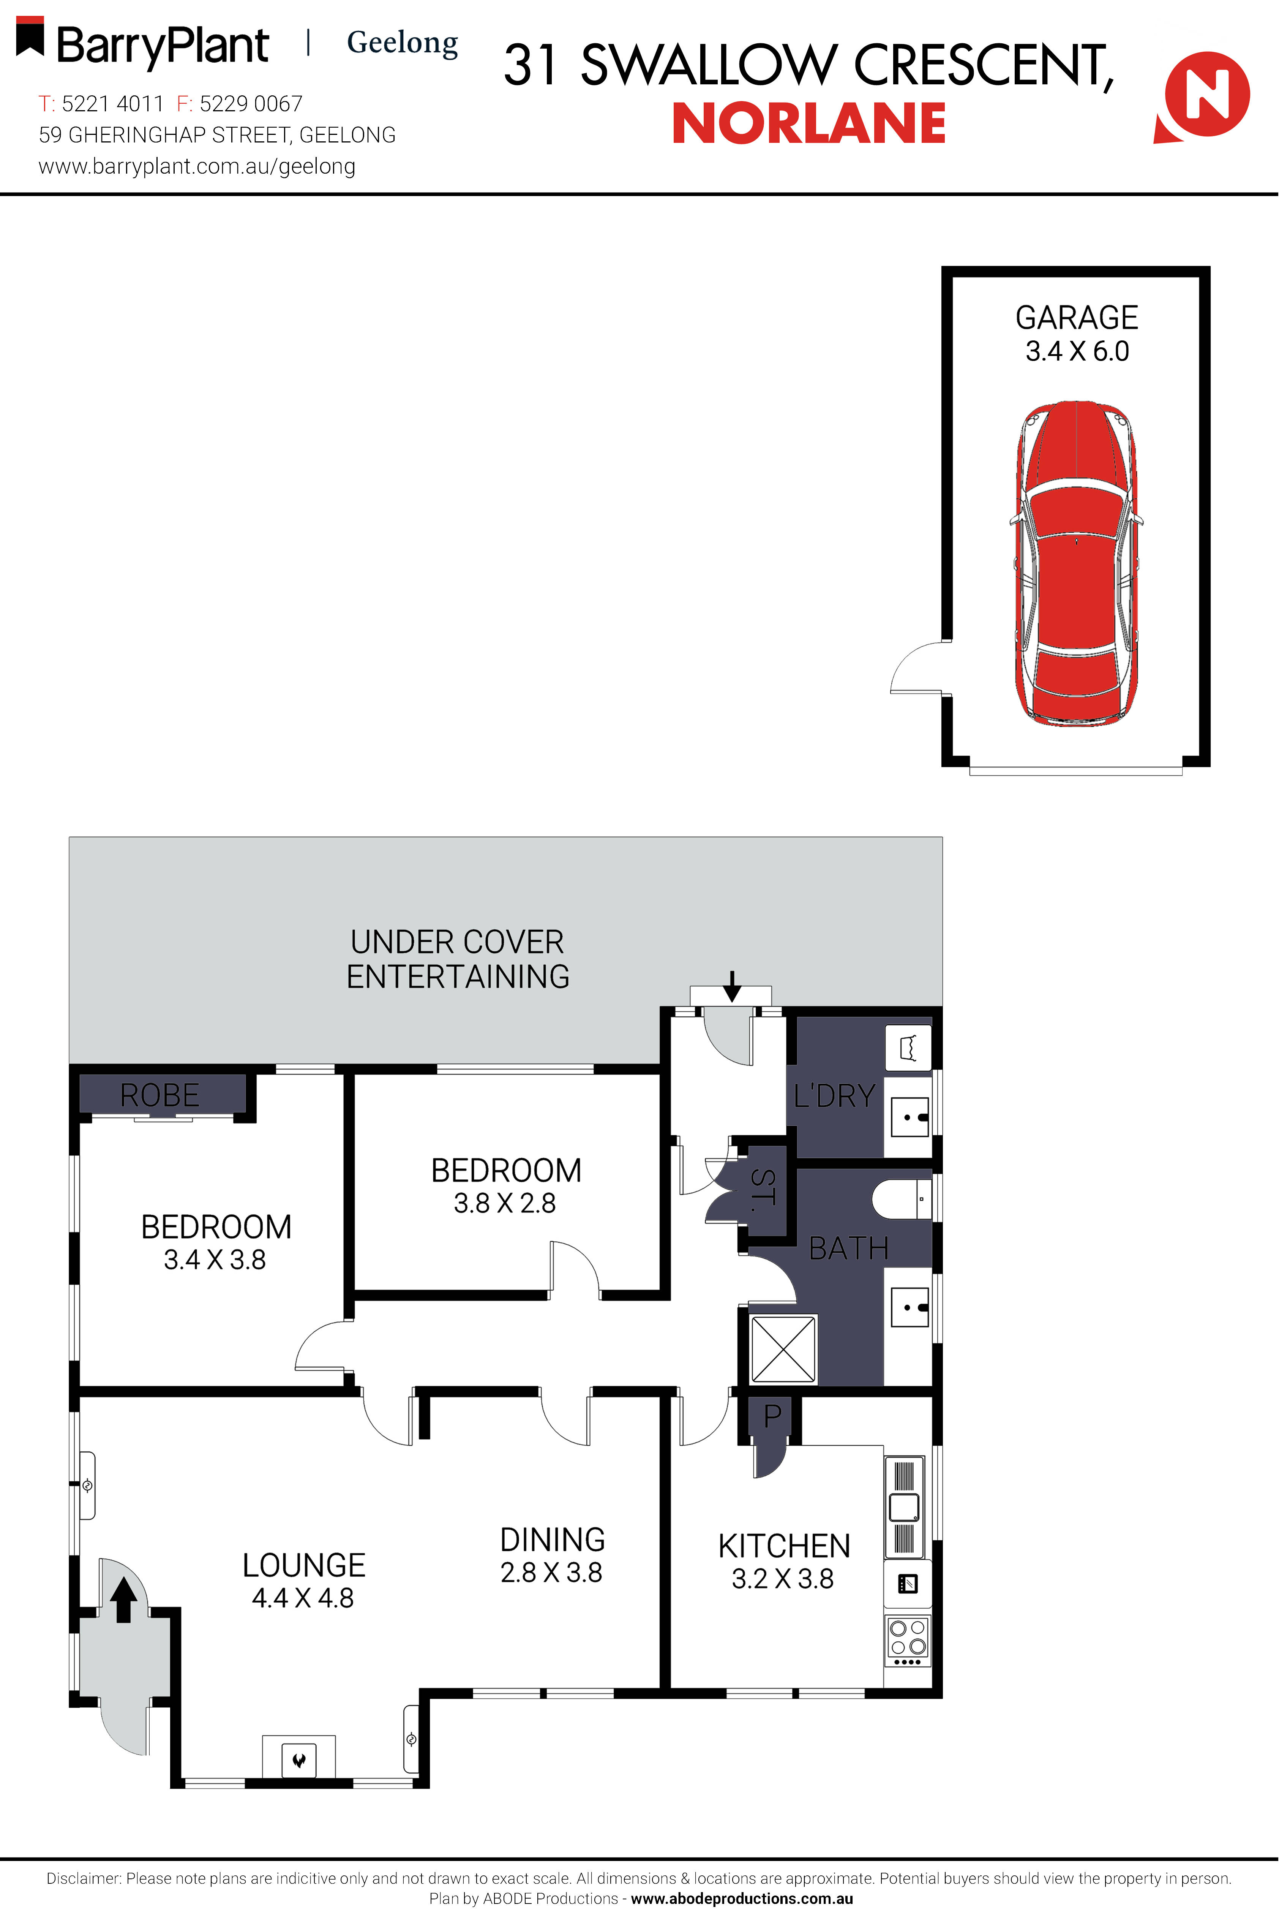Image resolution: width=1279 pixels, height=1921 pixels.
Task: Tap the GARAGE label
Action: pos(1077,318)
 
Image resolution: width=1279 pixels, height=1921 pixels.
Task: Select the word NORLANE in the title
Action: pos(808,124)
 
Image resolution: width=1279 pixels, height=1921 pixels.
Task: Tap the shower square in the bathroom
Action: pos(783,1348)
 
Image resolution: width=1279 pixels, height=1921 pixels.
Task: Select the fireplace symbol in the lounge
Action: pos(298,1759)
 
